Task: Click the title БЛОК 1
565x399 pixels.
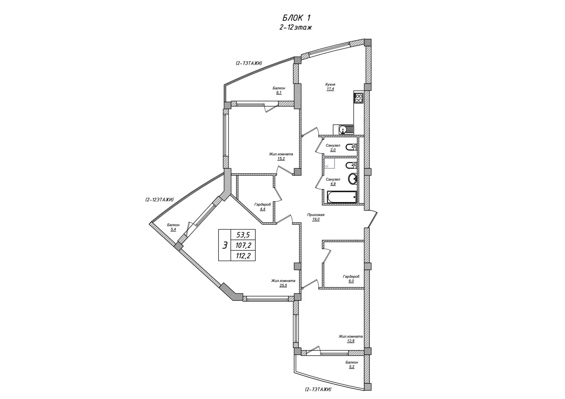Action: pos(296,18)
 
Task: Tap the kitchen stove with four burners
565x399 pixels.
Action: pos(359,98)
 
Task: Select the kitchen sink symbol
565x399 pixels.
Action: pos(343,129)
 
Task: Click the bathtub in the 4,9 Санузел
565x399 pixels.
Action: pos(342,197)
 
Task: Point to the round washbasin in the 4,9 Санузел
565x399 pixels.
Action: pos(353,178)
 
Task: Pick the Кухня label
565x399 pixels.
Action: pos(330,84)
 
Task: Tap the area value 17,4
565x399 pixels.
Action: pos(330,89)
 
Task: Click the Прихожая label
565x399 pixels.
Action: pos(316,215)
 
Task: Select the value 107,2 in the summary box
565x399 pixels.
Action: pos(243,245)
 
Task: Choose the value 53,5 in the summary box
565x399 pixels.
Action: pos(243,235)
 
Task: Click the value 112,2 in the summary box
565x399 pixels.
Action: pos(243,256)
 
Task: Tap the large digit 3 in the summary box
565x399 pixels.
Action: pos(225,245)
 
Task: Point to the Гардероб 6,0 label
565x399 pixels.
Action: pos(351,279)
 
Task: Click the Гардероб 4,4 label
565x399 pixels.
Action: pos(262,207)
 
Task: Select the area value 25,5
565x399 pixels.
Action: pos(283,285)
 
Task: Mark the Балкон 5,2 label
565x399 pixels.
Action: pos(352,365)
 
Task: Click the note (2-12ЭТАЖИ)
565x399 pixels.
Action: pos(159,199)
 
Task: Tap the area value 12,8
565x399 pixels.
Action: pos(350,341)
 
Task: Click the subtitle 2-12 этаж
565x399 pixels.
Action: pos(296,27)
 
